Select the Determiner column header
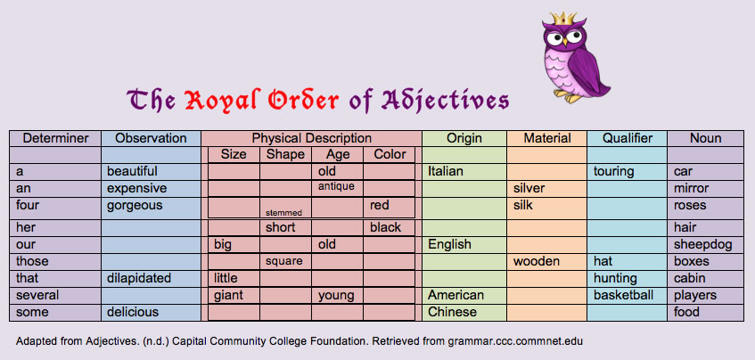[x=55, y=138]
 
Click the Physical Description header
[x=312, y=138]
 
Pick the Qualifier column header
[x=628, y=138]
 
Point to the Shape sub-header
[x=285, y=154]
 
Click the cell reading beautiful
[x=132, y=171]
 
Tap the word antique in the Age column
[x=336, y=186]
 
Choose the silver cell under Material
[x=529, y=189]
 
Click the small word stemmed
[x=284, y=212]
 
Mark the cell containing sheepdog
[x=702, y=244]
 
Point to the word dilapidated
[x=138, y=278]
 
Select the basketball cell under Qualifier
[x=624, y=295]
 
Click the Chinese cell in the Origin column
[x=452, y=312]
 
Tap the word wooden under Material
[x=537, y=261]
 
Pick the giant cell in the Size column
[x=228, y=295]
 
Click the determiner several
[x=37, y=295]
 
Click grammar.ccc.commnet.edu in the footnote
[x=506, y=341]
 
